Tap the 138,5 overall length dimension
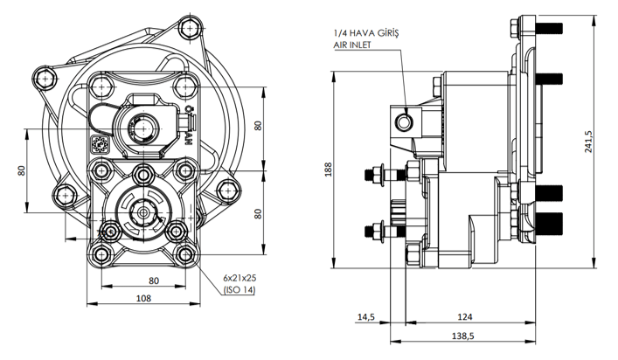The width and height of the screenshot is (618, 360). (x=463, y=336)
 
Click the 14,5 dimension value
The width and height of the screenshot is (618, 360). (x=365, y=317)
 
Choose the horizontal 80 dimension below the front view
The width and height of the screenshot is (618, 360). (x=154, y=280)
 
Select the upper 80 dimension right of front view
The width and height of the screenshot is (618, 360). (x=258, y=125)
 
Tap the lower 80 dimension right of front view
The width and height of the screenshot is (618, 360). (x=258, y=212)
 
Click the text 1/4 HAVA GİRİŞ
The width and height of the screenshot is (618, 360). (x=365, y=32)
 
